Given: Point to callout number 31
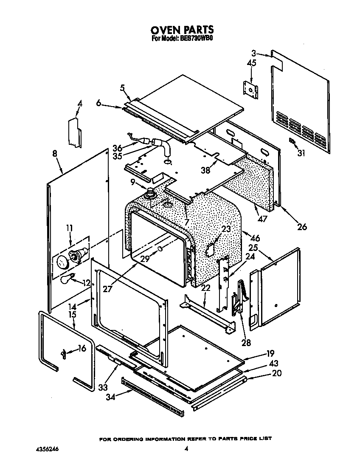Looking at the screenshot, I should pos(301,154).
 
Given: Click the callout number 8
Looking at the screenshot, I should pos(55,154).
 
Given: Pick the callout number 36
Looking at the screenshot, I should pos(118,148).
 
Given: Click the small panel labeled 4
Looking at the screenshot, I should pos(75,133).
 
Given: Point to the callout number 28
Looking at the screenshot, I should pos(245,343).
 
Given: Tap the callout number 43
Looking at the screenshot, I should pos(273,364).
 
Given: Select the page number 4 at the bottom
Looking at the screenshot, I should pos(186,448).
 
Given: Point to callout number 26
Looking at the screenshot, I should pos(302,226).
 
